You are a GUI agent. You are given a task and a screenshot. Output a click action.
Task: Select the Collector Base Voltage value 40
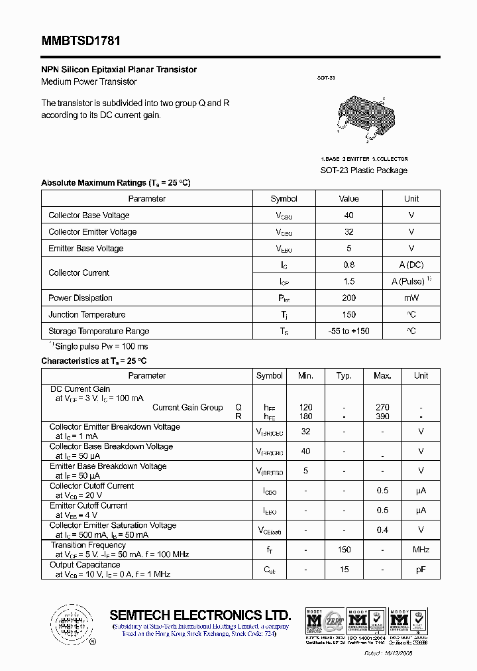[x=348, y=215]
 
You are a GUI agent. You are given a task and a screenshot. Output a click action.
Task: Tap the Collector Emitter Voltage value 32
[x=348, y=232]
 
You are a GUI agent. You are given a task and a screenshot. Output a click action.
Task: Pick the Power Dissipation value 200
[x=348, y=298]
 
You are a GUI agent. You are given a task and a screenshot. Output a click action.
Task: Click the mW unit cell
[x=411, y=298]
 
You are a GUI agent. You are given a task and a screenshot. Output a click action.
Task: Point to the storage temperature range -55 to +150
[x=348, y=332]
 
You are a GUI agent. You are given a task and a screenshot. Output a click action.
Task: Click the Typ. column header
[x=344, y=376]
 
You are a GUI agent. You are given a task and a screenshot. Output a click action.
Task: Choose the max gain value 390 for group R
[x=382, y=416]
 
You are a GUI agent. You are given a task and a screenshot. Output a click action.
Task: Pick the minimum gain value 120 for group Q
[x=305, y=407]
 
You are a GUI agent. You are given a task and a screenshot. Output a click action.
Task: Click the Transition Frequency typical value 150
[x=344, y=550]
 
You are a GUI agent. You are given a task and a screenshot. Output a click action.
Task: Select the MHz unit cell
[x=421, y=550]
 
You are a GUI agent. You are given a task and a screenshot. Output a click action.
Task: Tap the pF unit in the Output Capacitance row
[x=421, y=570]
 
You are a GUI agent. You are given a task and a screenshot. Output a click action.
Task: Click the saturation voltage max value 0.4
[x=382, y=530]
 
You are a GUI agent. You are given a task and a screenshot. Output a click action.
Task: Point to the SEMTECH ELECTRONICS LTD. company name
[x=200, y=615]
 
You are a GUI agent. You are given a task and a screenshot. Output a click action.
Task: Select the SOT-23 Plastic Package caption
[x=364, y=170]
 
